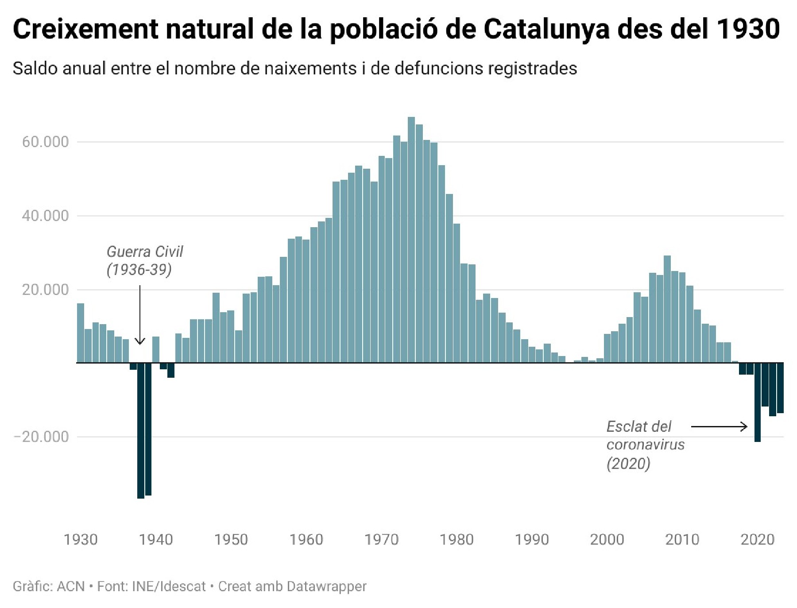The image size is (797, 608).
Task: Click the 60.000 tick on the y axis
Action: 46,142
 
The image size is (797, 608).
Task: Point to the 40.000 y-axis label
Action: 46,216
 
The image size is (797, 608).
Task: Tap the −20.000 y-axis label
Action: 42,437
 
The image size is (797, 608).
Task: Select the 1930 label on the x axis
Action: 81,539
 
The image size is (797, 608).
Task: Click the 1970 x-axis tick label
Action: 382,539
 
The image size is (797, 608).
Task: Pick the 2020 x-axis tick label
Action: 758,539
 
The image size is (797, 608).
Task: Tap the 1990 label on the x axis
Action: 532,539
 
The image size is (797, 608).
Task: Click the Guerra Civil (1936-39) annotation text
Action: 144,260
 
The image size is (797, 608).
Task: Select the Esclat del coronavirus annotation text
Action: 645,445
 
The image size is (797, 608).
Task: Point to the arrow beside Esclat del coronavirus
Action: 719,427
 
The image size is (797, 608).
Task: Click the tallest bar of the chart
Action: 411,239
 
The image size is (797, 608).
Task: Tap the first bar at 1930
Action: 81,333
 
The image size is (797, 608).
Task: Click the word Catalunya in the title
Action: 546,29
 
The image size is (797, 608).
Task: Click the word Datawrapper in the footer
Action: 327,586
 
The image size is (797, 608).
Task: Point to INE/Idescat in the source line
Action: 169,586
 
